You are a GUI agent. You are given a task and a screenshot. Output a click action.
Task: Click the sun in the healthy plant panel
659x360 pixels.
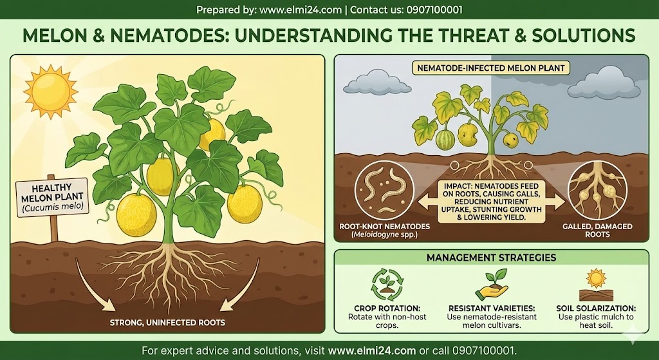[x=51, y=91]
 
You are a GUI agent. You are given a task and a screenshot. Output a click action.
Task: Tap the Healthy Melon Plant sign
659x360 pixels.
[x=53, y=197]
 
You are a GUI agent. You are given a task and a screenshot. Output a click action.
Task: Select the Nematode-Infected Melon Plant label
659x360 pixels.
[x=490, y=68]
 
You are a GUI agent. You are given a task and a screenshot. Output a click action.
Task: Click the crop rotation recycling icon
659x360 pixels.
[x=387, y=285]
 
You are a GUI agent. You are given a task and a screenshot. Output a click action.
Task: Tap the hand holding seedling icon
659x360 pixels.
[x=492, y=285]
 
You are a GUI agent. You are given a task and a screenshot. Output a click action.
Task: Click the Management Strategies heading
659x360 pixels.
[x=491, y=258]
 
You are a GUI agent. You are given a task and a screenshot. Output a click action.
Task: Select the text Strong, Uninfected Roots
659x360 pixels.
[x=167, y=323]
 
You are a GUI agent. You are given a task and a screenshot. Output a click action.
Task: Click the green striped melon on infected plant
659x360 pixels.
[x=445, y=140]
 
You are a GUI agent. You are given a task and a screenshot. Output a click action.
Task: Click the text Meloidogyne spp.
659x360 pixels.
[x=385, y=234]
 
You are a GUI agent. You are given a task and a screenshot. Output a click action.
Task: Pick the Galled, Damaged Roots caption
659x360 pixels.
[x=597, y=230]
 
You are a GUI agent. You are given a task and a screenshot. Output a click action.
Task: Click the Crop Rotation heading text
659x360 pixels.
[x=387, y=308]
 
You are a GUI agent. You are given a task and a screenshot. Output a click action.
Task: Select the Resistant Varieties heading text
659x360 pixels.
[x=492, y=308]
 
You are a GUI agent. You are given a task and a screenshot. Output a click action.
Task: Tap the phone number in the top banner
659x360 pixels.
[x=434, y=10]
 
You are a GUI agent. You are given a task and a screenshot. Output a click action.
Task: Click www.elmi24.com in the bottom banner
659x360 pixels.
[x=372, y=350]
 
